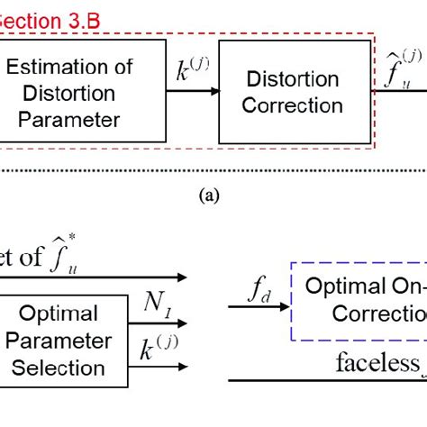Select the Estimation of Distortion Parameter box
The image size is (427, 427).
coord(81,90)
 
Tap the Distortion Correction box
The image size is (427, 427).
coord(283,92)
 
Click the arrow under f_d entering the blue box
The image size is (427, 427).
coord(257,307)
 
